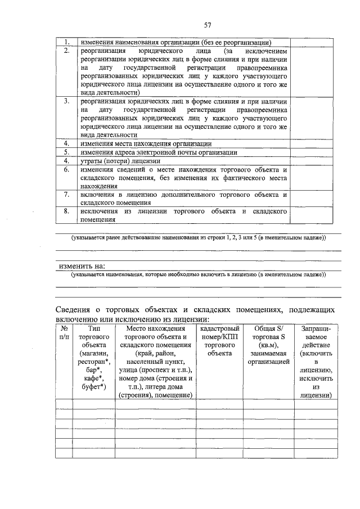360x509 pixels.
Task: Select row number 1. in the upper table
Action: pos(66,42)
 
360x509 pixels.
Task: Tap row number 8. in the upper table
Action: pos(66,211)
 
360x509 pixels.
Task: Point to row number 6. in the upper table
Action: pos(66,169)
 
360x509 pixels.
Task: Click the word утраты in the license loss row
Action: pos(92,161)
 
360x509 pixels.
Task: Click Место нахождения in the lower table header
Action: pos(156,328)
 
